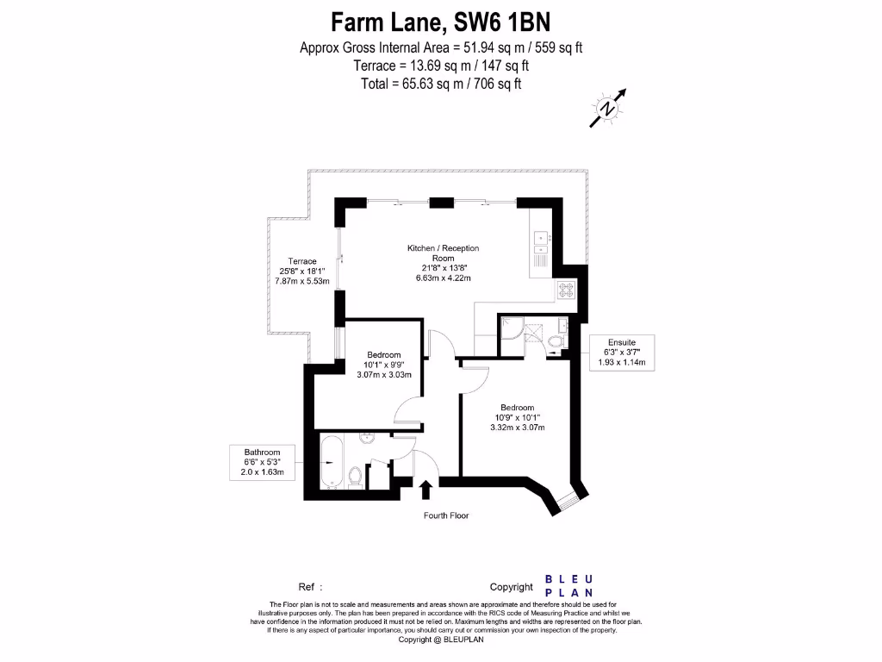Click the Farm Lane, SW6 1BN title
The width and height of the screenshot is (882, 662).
(x=440, y=22)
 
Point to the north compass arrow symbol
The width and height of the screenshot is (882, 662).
(x=608, y=108)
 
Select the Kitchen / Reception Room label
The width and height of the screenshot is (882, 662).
(x=443, y=253)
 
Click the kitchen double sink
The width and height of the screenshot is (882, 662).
(x=541, y=244)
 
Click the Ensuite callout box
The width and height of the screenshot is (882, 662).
(x=621, y=352)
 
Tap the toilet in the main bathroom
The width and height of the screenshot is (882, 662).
(x=354, y=475)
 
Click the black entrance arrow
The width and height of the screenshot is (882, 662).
(x=425, y=490)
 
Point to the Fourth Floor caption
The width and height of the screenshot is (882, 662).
(x=446, y=515)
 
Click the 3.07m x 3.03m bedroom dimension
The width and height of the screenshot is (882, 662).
(x=384, y=375)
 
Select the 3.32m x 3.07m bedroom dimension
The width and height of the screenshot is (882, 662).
(x=517, y=428)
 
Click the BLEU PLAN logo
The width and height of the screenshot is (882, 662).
(x=569, y=585)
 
